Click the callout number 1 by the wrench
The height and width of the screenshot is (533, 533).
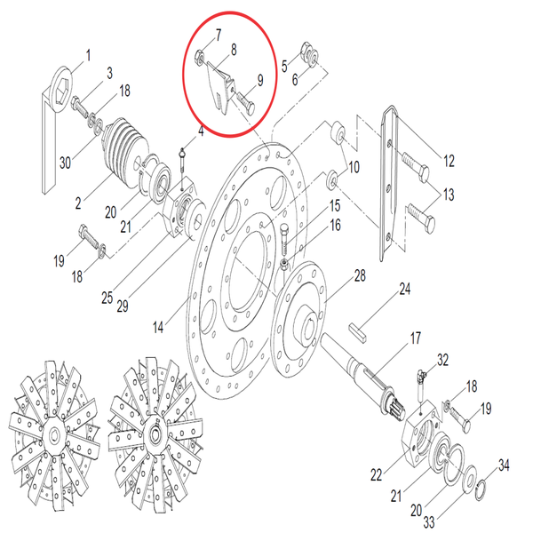[x=88, y=58]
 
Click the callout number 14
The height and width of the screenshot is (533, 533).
[x=158, y=328]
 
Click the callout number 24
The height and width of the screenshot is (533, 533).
[x=404, y=290]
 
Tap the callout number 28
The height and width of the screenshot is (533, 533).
[x=360, y=276]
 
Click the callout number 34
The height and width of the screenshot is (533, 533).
[x=504, y=465]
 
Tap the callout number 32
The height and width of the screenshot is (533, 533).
[x=444, y=360]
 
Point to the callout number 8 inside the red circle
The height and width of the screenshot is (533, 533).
[x=234, y=52]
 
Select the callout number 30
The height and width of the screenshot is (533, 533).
[x=65, y=163]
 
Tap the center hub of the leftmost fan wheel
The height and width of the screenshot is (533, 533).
[x=55, y=436]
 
